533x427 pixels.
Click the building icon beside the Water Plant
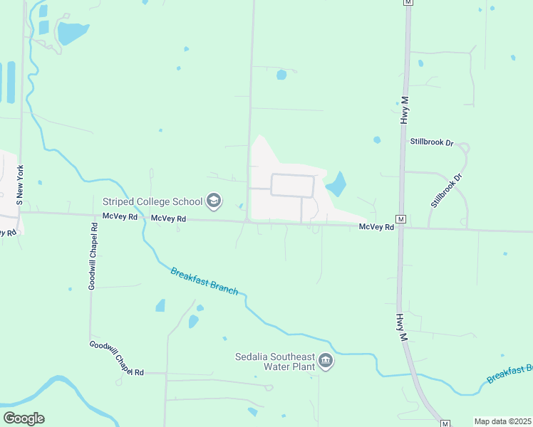point(326,362)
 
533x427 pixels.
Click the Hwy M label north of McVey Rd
point(405,110)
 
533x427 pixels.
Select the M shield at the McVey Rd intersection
point(400,218)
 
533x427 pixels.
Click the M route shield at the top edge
point(408,3)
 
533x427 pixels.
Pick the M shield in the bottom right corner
point(445,423)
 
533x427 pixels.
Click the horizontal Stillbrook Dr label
point(432,142)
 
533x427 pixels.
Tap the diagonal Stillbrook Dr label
point(446,189)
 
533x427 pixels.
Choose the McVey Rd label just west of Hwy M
point(376,227)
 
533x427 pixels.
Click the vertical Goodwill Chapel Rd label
point(92,255)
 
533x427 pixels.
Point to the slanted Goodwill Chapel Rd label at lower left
point(117,359)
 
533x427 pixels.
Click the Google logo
point(24,418)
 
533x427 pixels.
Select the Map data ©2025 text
point(503,421)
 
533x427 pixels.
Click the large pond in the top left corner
point(72,32)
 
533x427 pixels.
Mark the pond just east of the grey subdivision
point(336,184)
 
